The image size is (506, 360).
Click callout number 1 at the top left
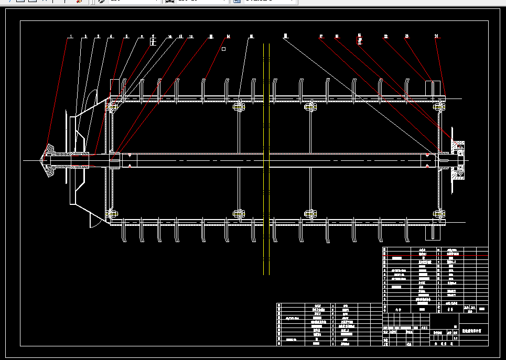pyautogui.click(x=71, y=37)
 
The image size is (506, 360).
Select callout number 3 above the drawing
pyautogui.click(x=98, y=37)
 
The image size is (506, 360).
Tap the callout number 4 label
pyautogui.click(x=111, y=37)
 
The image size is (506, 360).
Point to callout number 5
pyautogui.click(x=126, y=37)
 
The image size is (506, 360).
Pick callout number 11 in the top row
pyautogui.click(x=180, y=37)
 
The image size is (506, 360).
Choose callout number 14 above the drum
pyautogui.click(x=228, y=37)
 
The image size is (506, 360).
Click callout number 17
pyautogui.click(x=321, y=37)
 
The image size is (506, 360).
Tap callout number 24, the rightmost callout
pyautogui.click(x=437, y=37)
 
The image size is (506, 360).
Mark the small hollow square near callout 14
pyautogui.click(x=224, y=49)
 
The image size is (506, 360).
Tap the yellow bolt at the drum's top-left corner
pyautogui.click(x=112, y=107)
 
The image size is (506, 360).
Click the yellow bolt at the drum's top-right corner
pyautogui.click(x=438, y=107)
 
